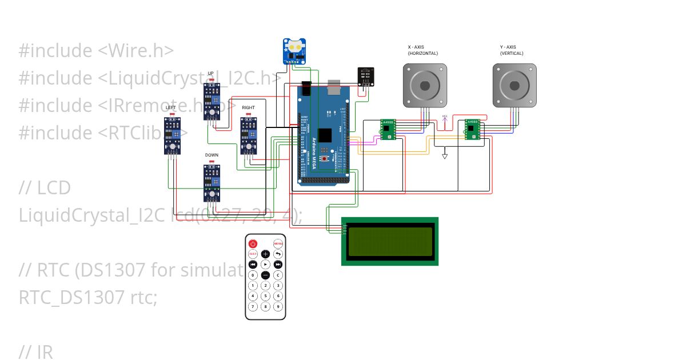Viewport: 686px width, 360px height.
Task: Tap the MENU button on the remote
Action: pyautogui.click(x=278, y=243)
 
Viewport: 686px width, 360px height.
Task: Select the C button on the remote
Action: pyautogui.click(x=278, y=275)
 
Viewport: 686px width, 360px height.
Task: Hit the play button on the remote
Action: pyautogui.click(x=265, y=265)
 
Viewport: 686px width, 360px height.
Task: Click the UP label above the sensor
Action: pyautogui.click(x=210, y=73)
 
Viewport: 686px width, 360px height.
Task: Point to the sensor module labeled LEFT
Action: pyautogui.click(x=172, y=135)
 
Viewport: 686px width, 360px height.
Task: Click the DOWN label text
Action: pyautogui.click(x=212, y=155)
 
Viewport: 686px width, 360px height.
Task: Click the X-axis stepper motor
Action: pyautogui.click(x=425, y=86)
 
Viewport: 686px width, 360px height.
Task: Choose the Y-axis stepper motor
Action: pyautogui.click(x=514, y=86)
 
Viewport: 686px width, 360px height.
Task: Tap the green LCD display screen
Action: pyautogui.click(x=389, y=241)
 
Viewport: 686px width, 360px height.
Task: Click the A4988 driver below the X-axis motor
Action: pyautogui.click(x=388, y=129)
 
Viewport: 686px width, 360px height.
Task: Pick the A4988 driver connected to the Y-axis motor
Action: pyautogui.click(x=472, y=129)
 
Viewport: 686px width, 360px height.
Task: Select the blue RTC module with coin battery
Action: pyautogui.click(x=294, y=51)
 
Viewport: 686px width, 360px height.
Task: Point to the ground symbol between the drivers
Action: pyautogui.click(x=445, y=155)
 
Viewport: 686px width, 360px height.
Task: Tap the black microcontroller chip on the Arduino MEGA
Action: pyautogui.click(x=325, y=136)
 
